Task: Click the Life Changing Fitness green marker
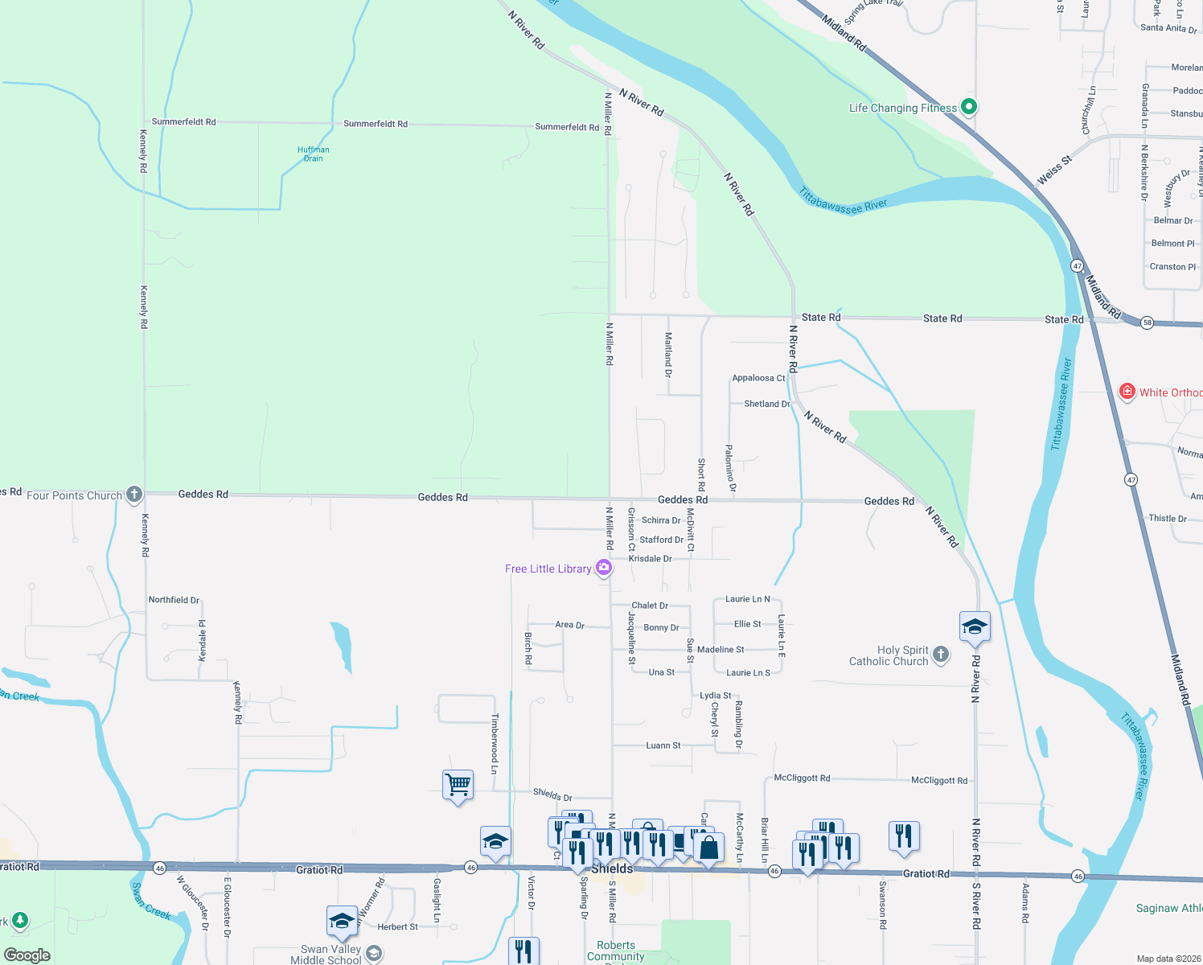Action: click(969, 106)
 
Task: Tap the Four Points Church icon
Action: click(134, 494)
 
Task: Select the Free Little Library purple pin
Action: click(604, 568)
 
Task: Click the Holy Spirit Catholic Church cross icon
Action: click(941, 655)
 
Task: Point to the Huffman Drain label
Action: click(313, 154)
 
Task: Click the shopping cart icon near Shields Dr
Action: click(458, 784)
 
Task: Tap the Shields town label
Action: click(612, 868)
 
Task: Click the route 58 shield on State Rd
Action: click(1147, 322)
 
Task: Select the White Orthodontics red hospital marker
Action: click(1127, 392)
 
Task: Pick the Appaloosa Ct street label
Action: click(758, 378)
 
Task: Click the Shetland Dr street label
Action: click(766, 404)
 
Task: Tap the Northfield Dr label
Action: click(174, 600)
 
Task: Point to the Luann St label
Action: click(663, 745)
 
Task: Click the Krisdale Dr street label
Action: click(650, 558)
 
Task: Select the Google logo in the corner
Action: click(27, 955)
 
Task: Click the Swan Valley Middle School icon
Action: click(374, 953)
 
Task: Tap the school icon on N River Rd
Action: click(975, 626)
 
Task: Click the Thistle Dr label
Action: click(1168, 519)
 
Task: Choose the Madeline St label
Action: click(721, 650)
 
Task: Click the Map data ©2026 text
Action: click(1168, 959)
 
